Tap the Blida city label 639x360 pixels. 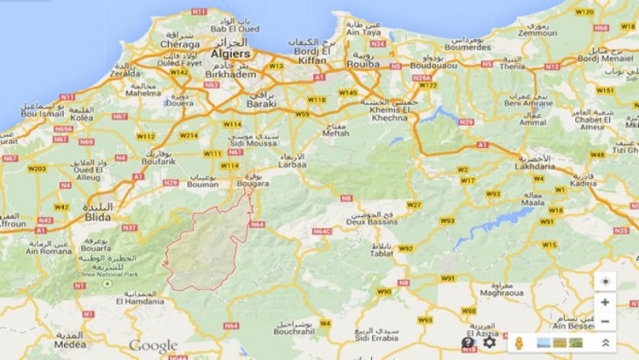(x=97, y=218)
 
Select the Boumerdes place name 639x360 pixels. (x=463, y=47)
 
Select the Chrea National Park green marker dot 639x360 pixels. (x=107, y=284)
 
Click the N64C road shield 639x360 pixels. (x=321, y=231)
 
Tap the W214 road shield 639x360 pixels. (x=188, y=135)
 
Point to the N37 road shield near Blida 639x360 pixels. (x=129, y=227)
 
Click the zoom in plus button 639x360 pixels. (x=604, y=303)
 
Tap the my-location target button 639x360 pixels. (x=604, y=281)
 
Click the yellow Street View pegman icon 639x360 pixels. (x=518, y=343)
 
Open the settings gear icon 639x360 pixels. (x=489, y=342)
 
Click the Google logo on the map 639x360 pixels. (x=153, y=346)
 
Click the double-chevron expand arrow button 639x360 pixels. (x=605, y=343)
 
